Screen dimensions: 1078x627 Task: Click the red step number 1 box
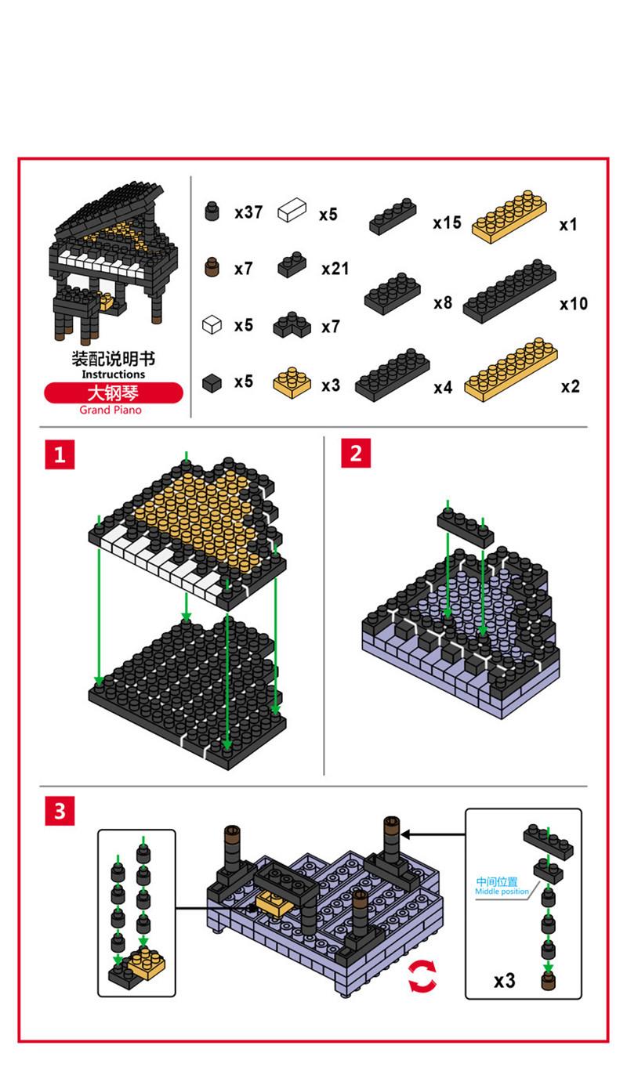click(x=60, y=454)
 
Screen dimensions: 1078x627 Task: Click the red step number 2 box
click(x=356, y=454)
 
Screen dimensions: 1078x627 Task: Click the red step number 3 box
click(x=60, y=812)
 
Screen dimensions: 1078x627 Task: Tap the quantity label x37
click(x=248, y=212)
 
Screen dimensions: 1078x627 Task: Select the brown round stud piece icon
click(x=210, y=269)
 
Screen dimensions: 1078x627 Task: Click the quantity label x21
click(x=335, y=269)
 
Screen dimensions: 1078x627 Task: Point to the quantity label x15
click(x=448, y=222)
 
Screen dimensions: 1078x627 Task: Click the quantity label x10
click(x=574, y=304)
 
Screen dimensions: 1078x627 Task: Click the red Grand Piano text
click(x=111, y=410)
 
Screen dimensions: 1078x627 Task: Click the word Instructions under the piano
click(x=114, y=374)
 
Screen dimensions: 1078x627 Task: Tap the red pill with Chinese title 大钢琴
click(x=114, y=392)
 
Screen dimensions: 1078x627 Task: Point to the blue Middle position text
click(x=502, y=892)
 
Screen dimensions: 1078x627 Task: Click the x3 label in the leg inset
click(x=505, y=980)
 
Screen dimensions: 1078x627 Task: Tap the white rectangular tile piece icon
click(x=292, y=210)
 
